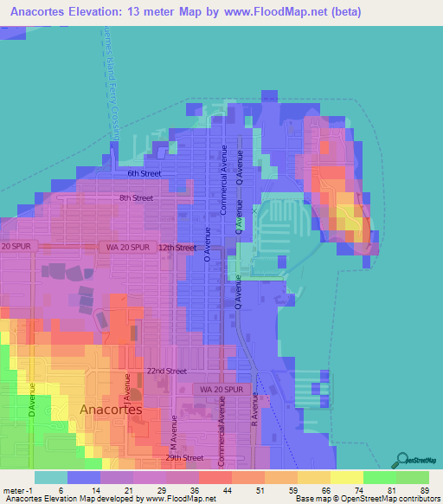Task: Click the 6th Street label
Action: (x=144, y=173)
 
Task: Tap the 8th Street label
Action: (x=136, y=198)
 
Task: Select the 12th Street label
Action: (x=177, y=248)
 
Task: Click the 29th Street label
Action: (x=185, y=457)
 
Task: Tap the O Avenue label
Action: (x=207, y=245)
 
